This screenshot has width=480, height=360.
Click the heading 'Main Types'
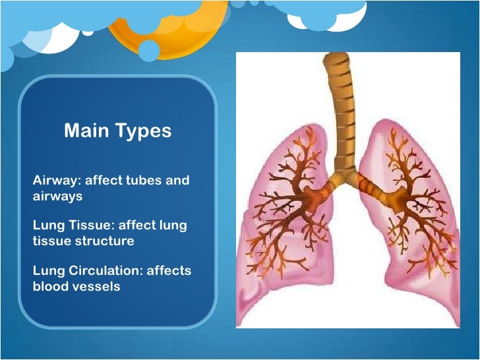tap(117, 131)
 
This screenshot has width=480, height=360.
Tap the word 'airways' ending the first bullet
tap(57, 196)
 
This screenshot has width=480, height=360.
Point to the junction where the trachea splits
tap(343, 175)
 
